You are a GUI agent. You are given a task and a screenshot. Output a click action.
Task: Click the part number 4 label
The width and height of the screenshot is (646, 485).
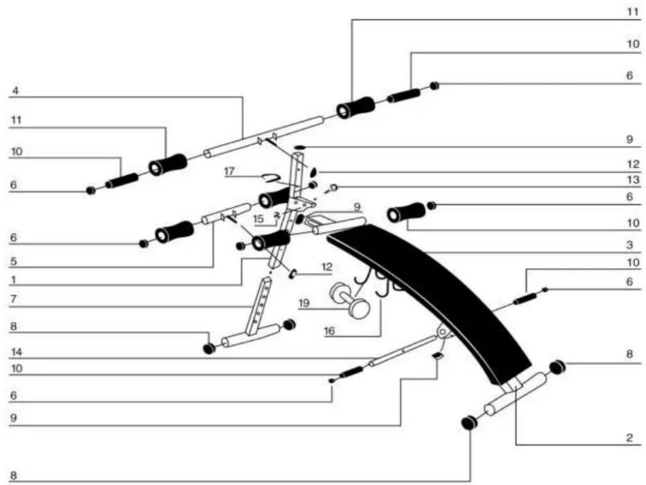[x=15, y=90]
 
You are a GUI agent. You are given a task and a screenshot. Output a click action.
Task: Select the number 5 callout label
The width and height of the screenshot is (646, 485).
[x=13, y=261]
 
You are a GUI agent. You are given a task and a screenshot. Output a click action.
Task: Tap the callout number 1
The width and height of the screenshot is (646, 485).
[x=13, y=280]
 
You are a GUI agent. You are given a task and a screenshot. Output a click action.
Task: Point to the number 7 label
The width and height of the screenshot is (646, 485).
[x=13, y=299]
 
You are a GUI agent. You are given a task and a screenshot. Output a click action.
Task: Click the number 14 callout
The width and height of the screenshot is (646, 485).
[x=17, y=352]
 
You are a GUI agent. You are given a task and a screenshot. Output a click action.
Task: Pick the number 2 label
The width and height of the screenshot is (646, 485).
[x=629, y=437]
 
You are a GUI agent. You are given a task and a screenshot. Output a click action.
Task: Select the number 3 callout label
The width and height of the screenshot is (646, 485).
[x=629, y=244]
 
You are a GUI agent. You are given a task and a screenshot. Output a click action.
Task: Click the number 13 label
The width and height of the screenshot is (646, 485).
[x=633, y=180]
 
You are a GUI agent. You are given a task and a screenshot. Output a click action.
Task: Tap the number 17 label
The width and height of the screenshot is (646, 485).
[x=229, y=171]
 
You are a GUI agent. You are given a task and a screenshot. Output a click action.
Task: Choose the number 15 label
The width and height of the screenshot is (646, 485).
[x=259, y=219]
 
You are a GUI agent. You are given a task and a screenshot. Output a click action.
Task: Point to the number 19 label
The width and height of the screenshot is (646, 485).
[x=304, y=303]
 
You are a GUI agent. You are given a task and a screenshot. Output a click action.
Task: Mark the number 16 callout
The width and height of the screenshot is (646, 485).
[x=329, y=331]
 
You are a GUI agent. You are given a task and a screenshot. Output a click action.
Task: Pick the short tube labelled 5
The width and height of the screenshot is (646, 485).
[x=226, y=213]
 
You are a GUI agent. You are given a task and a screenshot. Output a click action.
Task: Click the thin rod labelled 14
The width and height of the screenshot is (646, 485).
[x=403, y=350]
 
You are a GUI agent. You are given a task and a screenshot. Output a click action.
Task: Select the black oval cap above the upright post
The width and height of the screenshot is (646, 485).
[x=300, y=147]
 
